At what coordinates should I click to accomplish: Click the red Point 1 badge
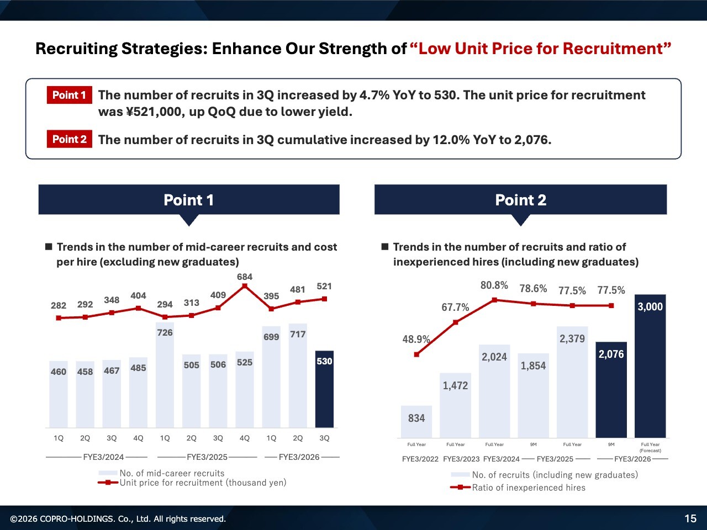tap(69, 95)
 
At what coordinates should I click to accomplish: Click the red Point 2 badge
tap(69, 139)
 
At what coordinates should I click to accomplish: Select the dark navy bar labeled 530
tap(324, 389)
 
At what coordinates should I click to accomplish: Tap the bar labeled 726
tap(165, 375)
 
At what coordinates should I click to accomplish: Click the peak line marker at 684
tap(245, 286)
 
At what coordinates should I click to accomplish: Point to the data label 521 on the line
tap(324, 287)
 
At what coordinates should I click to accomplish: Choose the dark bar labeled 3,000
tap(650, 367)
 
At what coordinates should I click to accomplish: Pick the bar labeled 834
tap(416, 422)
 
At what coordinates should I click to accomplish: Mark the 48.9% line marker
tap(416, 354)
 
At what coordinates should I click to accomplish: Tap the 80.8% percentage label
tap(494, 285)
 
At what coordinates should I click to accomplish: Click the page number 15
tap(690, 518)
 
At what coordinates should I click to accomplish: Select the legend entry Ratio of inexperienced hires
tap(528, 487)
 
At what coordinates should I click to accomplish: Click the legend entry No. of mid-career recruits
tap(172, 473)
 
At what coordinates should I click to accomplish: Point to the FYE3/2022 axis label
tap(420, 459)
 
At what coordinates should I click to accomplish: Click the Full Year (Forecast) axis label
tap(650, 447)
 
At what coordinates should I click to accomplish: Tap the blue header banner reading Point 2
tap(520, 200)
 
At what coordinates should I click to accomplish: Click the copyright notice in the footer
tap(118, 519)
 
